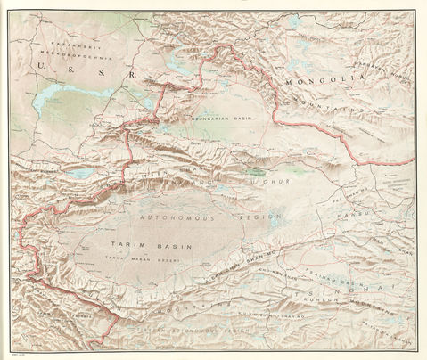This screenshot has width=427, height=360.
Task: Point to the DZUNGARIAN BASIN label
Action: (x=223, y=118)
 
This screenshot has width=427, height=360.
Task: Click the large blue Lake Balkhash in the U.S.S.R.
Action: (x=67, y=97)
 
